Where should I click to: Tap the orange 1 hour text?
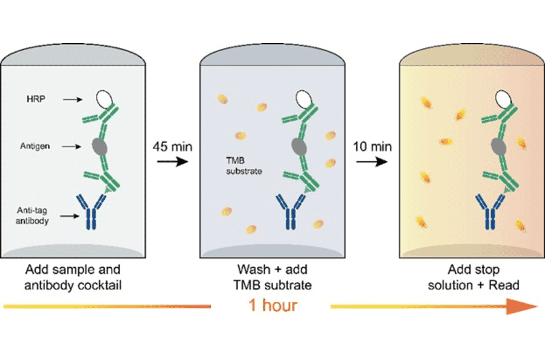[271, 305]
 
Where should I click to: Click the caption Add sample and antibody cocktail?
[73, 276]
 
